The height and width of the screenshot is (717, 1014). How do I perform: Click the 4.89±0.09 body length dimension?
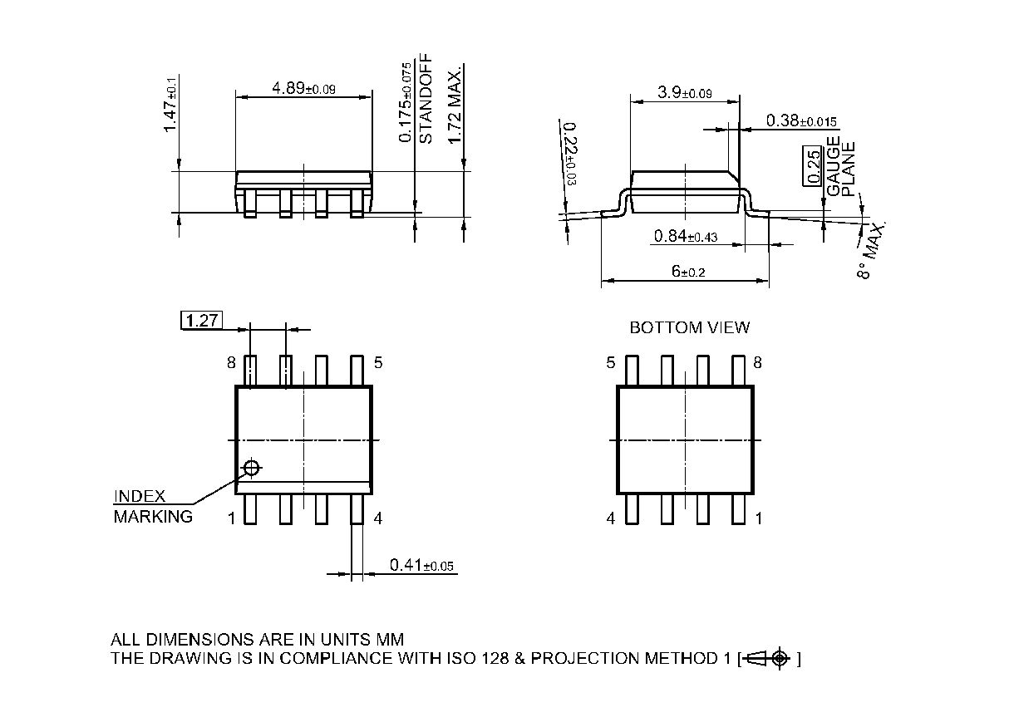coord(303,88)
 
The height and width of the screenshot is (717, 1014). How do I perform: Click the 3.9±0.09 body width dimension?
coord(684,93)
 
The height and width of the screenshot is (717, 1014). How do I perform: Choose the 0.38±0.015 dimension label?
coord(801,120)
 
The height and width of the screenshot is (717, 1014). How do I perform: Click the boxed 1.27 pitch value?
coord(200,320)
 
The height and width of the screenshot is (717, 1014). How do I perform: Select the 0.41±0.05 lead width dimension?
coord(422,566)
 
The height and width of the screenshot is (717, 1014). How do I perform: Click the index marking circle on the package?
coord(251,468)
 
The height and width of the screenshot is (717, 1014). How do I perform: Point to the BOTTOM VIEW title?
coord(689,327)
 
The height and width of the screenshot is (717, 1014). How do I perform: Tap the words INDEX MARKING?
coord(152,506)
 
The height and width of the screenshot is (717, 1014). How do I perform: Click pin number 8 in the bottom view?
coord(757,362)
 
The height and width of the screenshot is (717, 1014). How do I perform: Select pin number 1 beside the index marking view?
coord(232,518)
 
